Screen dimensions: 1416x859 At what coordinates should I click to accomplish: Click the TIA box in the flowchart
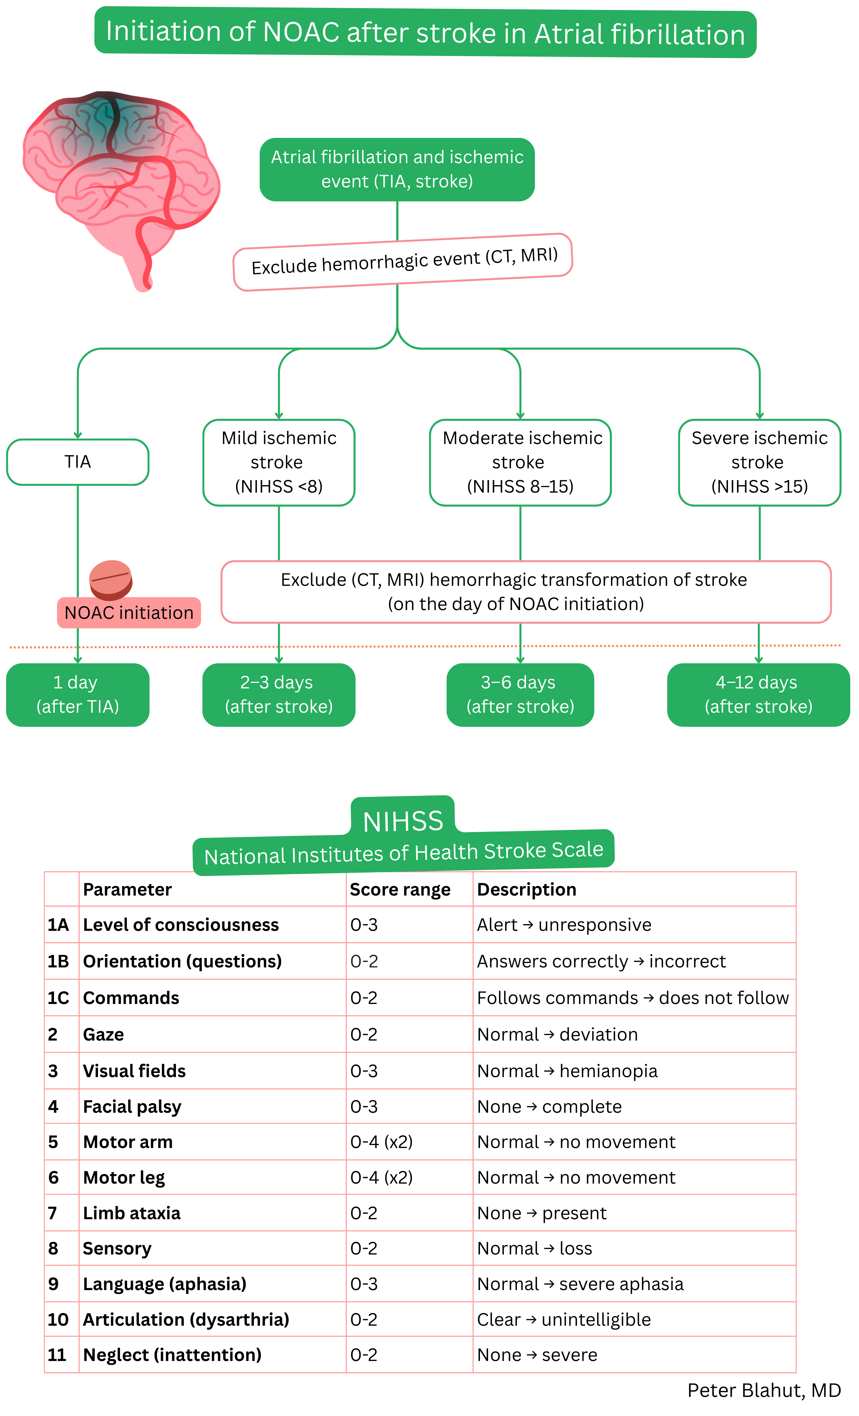point(78,462)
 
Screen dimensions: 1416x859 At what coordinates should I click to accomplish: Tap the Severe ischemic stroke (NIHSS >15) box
point(759,462)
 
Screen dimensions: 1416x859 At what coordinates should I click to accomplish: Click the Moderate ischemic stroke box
point(520,462)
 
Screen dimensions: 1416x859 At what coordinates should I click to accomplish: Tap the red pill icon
point(111,579)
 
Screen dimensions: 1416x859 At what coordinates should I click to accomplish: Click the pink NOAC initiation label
point(129,613)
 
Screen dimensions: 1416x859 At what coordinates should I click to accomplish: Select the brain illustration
point(121,184)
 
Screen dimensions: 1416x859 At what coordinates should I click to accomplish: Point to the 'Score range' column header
point(400,890)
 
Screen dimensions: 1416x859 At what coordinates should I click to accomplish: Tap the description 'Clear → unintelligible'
point(564,1320)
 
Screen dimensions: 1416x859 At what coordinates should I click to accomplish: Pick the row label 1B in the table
point(58,962)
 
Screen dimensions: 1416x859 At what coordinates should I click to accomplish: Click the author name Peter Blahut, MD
point(764,1391)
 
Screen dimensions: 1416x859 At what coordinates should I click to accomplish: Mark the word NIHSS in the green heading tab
point(403,822)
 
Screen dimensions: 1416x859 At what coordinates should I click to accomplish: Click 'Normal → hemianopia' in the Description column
point(567,1071)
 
